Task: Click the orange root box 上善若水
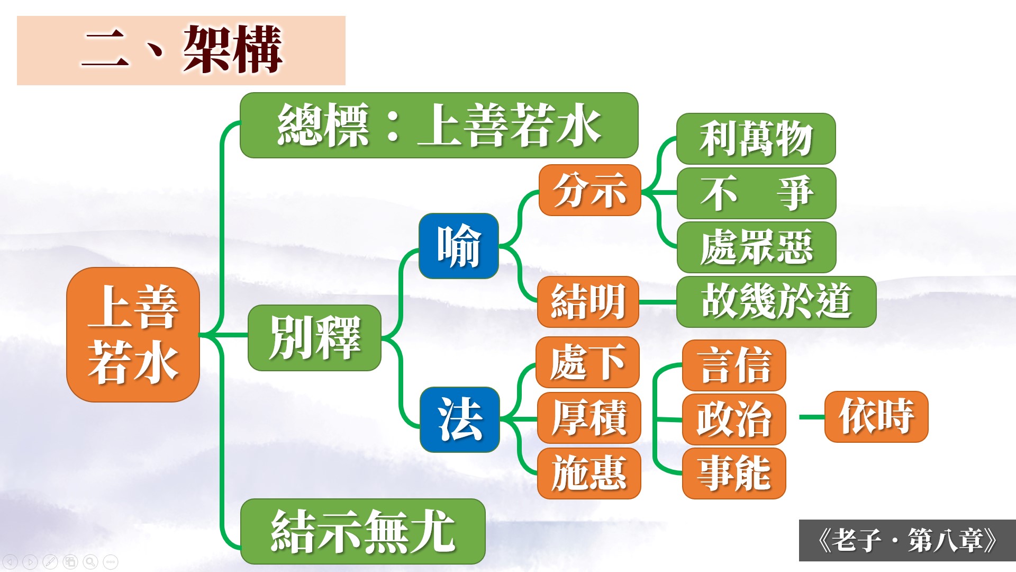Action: click(133, 334)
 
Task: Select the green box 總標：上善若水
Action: click(439, 125)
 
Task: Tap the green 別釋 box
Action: click(314, 337)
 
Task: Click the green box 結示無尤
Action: click(362, 531)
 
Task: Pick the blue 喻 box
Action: click(458, 246)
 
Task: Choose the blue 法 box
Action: click(459, 419)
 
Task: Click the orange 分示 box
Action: click(589, 190)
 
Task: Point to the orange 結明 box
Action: click(588, 302)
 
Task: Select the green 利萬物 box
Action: click(756, 138)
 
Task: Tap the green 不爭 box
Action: click(756, 193)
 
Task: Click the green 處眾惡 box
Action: click(756, 247)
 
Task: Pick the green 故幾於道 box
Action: click(776, 301)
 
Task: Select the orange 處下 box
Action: click(587, 362)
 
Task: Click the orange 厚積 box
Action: click(589, 418)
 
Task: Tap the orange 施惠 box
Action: click(589, 473)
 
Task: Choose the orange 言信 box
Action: click(734, 365)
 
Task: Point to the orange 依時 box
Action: click(876, 416)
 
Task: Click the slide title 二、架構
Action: click(181, 50)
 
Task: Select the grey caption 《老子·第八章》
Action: click(907, 540)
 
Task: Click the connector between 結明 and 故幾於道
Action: click(658, 302)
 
